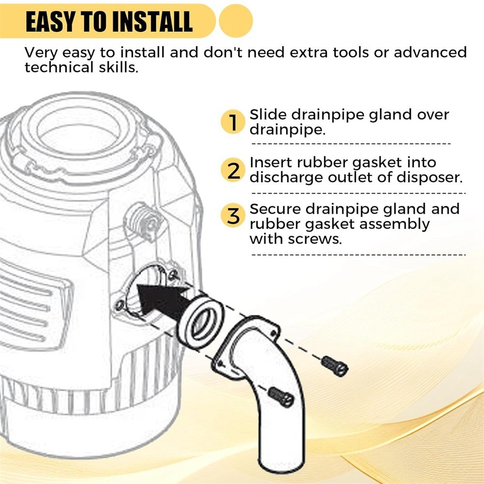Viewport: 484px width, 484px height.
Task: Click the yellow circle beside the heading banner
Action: point(236,21)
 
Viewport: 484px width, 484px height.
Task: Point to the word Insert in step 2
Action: point(271,162)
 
